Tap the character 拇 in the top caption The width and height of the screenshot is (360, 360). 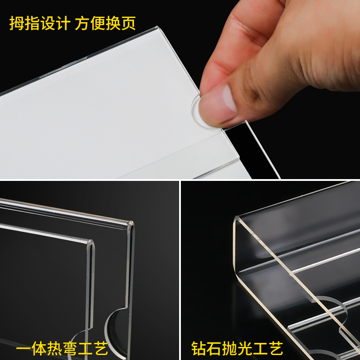(x=17, y=23)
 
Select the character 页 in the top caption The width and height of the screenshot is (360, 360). (x=128, y=23)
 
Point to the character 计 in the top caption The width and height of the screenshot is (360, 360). (x=62, y=23)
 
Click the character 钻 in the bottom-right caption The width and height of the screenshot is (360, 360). (x=198, y=348)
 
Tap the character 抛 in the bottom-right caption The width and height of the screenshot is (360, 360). (x=229, y=348)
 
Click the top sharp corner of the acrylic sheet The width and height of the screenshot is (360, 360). (x=157, y=27)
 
